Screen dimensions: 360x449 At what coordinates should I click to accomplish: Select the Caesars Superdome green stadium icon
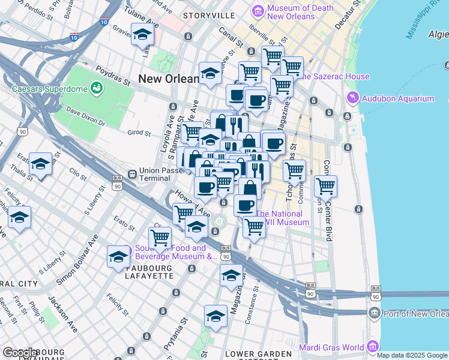95,89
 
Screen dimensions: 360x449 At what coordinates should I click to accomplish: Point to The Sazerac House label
334,77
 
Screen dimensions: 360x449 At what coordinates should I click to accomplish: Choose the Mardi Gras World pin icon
373,347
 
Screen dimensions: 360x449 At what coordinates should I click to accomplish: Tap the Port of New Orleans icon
375,313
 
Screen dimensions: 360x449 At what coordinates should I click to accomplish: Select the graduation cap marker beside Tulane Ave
143,35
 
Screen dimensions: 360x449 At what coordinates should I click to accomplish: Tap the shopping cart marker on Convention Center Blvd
325,187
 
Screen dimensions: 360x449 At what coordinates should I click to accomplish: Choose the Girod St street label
139,133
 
